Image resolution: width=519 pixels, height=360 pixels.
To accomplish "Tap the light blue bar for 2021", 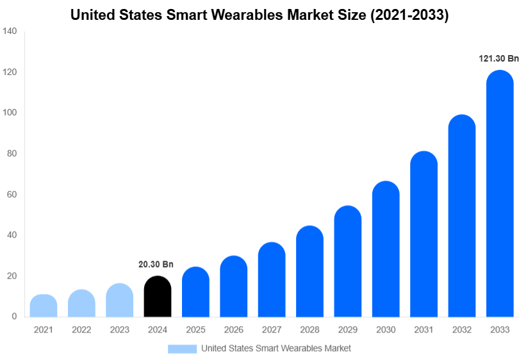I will coord(44,306).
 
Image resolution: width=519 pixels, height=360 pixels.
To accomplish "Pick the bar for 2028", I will coord(309,272).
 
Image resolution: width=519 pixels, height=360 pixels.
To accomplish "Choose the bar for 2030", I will coord(386,249).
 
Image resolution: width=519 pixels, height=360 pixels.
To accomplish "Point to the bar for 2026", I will coord(234,286).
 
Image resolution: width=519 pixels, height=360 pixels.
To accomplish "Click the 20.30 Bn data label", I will coord(156,264).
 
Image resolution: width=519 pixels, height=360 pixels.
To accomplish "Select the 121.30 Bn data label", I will coord(498,58).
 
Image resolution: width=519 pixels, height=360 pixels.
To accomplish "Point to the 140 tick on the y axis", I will coord(10,31).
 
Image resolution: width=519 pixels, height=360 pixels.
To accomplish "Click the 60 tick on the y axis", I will coord(12,194).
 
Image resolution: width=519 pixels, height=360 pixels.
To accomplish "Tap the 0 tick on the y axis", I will coord(14,316).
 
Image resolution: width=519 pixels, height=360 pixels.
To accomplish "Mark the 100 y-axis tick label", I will coord(10,113).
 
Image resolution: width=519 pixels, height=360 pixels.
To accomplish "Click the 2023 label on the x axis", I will coord(120,330).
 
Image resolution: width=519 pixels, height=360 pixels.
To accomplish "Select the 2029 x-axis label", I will coord(348,330).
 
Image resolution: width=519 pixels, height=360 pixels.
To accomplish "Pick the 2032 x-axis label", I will coord(462,330).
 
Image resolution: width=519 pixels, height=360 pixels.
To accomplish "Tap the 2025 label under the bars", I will coord(195,330).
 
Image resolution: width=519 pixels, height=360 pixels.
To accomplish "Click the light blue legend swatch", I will coord(182,348).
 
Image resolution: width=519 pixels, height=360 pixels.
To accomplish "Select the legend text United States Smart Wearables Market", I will coord(276,348).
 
